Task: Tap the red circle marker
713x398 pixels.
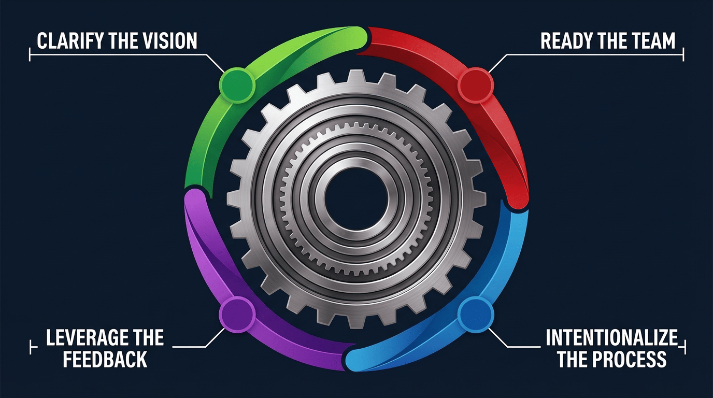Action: pyautogui.click(x=475, y=83)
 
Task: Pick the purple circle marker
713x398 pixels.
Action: pyautogui.click(x=237, y=314)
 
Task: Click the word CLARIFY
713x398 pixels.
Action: pyautogui.click(x=70, y=41)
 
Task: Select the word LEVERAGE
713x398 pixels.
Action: pyautogui.click(x=86, y=338)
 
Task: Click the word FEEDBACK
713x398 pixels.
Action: pyautogui.click(x=105, y=359)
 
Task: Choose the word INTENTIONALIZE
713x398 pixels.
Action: pyautogui.click(x=611, y=338)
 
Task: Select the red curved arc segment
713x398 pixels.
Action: pyautogui.click(x=505, y=130)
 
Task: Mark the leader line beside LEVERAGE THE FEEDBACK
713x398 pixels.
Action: pyautogui.click(x=192, y=346)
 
